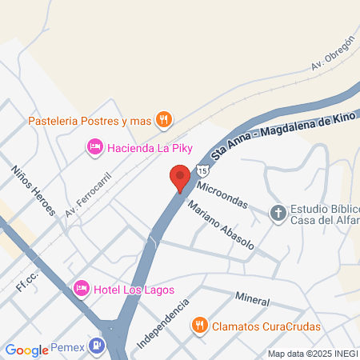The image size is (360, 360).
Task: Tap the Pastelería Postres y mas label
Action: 90,121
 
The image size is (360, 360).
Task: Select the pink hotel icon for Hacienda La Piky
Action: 94,146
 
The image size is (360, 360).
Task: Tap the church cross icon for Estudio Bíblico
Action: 278,214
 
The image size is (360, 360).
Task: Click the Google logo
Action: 27,350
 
